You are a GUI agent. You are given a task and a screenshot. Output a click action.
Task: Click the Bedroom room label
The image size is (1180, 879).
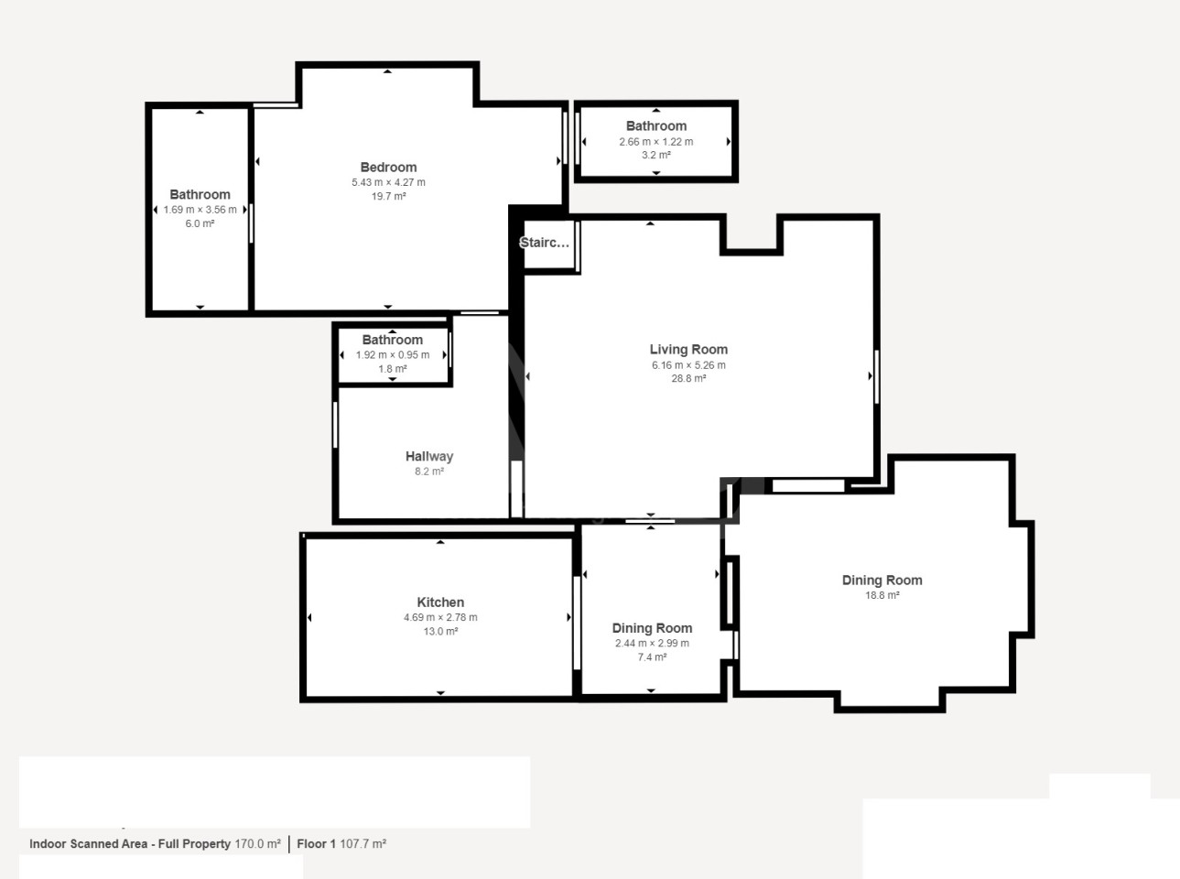click(x=388, y=167)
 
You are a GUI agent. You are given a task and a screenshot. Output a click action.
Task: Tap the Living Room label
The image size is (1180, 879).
click(x=688, y=350)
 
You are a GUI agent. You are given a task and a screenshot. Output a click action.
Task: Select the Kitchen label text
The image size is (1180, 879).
click(x=440, y=602)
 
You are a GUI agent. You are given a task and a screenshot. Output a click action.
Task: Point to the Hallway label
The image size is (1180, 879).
click(x=429, y=457)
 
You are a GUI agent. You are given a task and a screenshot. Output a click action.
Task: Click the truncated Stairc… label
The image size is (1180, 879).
click(x=545, y=243)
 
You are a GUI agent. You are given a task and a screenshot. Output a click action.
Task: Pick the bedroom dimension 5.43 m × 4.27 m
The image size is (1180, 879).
click(x=388, y=182)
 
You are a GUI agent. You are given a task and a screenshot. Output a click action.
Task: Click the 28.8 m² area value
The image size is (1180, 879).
click(x=688, y=379)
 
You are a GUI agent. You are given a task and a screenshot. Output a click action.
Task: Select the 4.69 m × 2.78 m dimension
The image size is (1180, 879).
click(x=440, y=618)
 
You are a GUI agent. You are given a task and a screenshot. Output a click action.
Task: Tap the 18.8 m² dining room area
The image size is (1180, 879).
click(x=882, y=595)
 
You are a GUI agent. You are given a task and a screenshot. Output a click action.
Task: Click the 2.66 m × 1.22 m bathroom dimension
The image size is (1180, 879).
click(x=656, y=142)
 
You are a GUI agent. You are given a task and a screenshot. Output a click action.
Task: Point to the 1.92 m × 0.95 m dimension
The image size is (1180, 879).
click(x=393, y=355)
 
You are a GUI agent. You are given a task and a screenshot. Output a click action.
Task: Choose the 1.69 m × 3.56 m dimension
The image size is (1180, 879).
click(x=200, y=211)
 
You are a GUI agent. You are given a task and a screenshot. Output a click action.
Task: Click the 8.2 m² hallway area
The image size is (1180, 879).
click(x=429, y=472)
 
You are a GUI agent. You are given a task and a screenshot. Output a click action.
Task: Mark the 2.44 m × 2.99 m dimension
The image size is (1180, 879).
click(x=652, y=644)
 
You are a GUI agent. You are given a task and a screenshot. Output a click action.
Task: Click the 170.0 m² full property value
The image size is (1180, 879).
click(x=258, y=844)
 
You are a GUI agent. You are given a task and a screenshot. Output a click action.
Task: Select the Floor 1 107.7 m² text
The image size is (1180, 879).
click(x=341, y=844)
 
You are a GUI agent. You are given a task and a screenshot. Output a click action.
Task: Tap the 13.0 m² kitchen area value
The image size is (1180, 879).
click(x=440, y=632)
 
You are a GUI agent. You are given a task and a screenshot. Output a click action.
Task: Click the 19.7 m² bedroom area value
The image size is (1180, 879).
click(x=388, y=196)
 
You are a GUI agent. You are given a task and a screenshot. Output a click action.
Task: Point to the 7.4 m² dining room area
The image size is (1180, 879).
click(x=652, y=657)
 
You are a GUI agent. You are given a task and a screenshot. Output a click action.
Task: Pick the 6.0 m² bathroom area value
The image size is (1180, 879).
click(x=200, y=224)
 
